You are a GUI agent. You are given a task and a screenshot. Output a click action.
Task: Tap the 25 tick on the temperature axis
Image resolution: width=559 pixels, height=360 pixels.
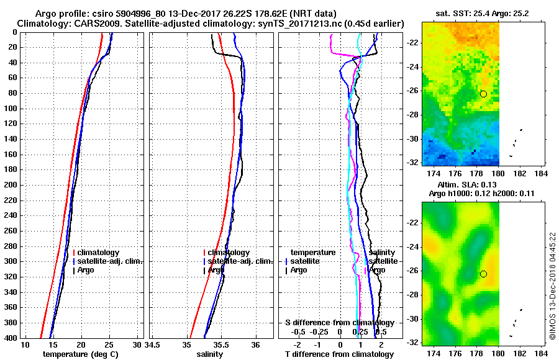(x=109, y=345)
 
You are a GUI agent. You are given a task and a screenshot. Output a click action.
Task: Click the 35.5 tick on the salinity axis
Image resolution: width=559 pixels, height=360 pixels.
(x=221, y=345)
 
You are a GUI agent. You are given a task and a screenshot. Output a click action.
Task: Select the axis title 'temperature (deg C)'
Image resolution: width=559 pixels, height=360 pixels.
(x=80, y=354)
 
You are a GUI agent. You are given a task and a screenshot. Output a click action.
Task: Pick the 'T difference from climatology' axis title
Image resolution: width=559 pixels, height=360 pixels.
(x=339, y=354)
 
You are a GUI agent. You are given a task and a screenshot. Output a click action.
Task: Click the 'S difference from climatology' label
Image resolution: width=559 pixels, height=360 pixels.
(x=339, y=323)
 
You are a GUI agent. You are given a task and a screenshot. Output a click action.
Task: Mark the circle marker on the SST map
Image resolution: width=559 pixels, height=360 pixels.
(x=483, y=94)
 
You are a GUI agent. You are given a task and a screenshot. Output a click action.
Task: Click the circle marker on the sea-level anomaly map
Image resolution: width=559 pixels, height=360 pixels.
(x=483, y=274)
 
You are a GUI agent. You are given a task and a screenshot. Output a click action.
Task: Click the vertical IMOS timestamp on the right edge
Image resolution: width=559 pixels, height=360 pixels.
(x=552, y=287)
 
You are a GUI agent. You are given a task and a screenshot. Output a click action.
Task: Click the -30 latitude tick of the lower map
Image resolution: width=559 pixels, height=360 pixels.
(x=412, y=319)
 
